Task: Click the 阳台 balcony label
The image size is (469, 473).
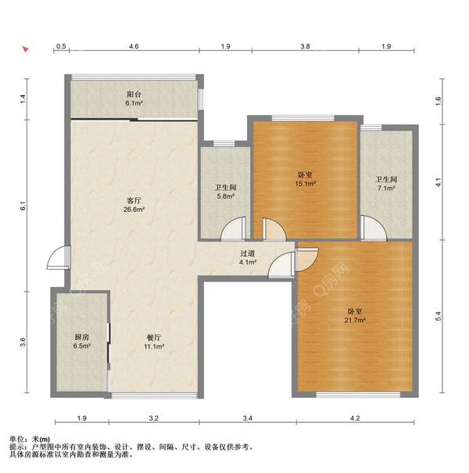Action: (134, 94)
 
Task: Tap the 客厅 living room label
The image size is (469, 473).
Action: (134, 200)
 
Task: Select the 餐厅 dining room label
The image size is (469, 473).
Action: (154, 338)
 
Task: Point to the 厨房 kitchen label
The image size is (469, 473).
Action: (82, 337)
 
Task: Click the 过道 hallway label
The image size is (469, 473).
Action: (248, 253)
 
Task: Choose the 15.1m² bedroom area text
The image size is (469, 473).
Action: (305, 184)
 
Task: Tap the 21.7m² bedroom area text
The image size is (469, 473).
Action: (355, 320)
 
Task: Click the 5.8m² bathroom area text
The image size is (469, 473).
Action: (226, 196)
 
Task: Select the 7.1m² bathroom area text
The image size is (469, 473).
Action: (386, 188)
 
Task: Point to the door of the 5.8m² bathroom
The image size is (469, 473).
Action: (234, 229)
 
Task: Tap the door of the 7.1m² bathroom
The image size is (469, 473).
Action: (374, 228)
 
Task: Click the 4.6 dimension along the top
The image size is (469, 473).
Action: (134, 46)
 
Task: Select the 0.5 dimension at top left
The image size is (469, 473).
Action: (61, 46)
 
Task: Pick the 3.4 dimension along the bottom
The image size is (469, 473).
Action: (247, 418)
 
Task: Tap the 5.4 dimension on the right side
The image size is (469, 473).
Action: (439, 316)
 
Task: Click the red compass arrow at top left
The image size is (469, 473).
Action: (25, 49)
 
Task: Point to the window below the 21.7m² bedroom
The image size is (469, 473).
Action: (358, 395)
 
